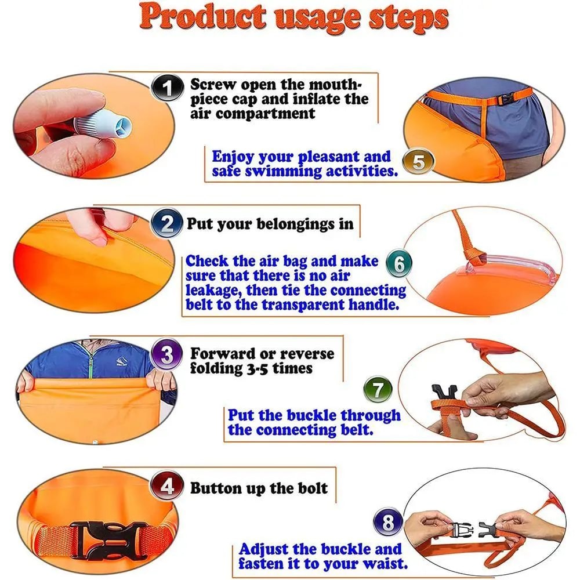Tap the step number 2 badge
[x=167, y=223]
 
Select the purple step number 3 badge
[x=167, y=356]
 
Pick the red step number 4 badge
[x=167, y=486]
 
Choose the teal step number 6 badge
[x=398, y=264]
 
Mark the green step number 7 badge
[x=378, y=389]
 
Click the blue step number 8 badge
[x=387, y=523]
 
